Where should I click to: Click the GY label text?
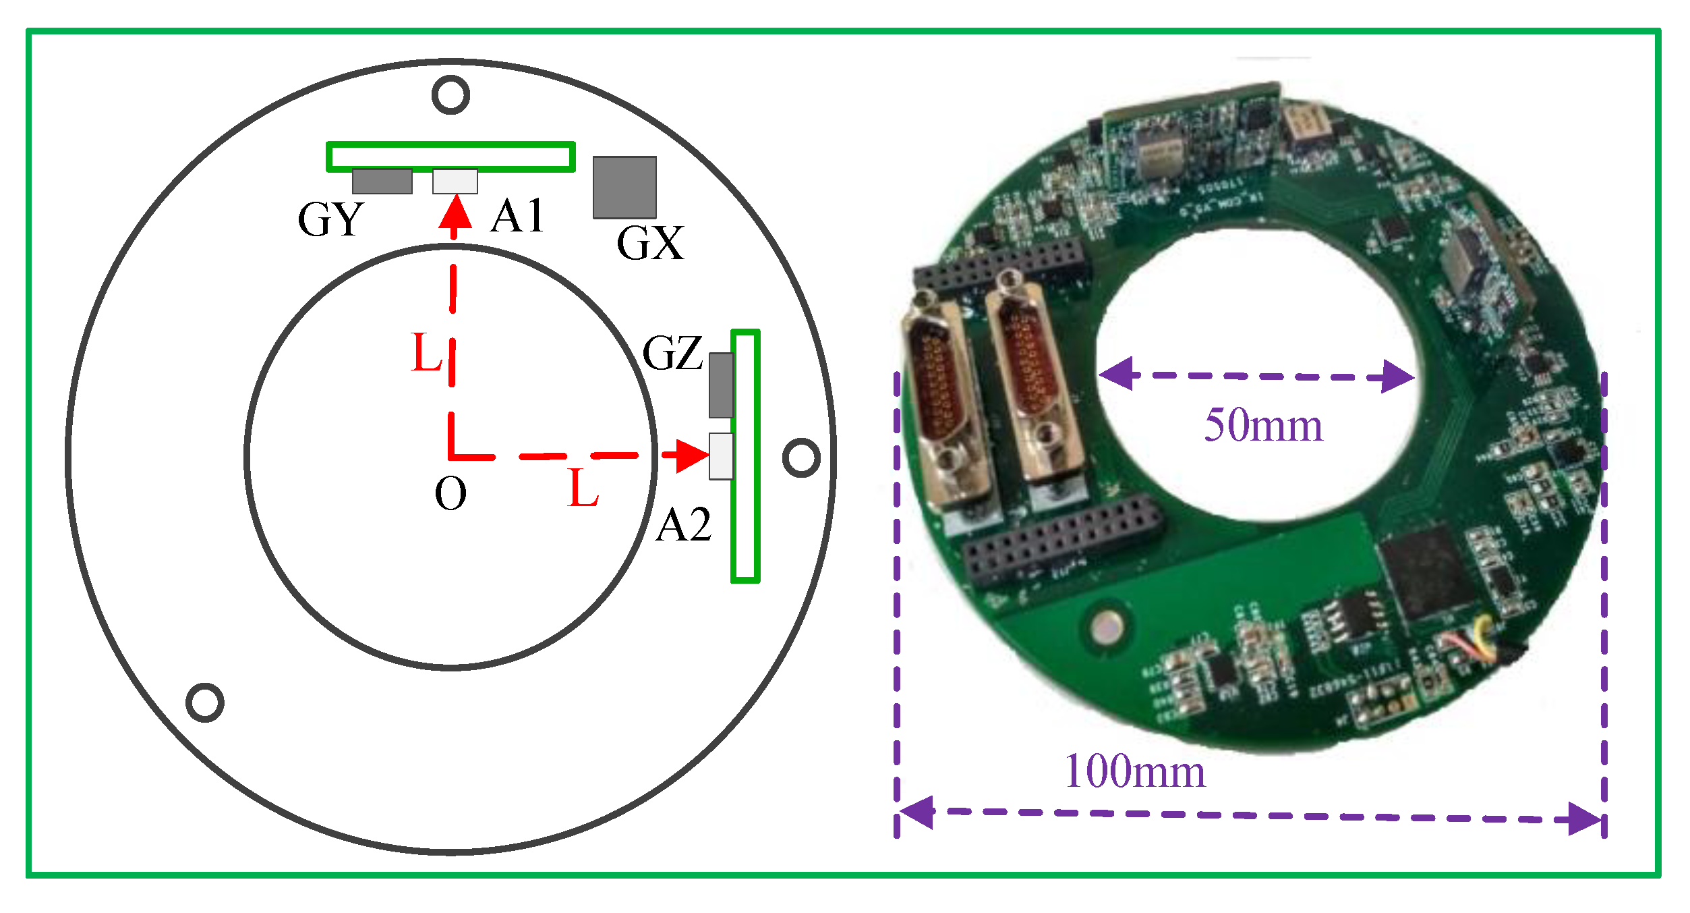330,219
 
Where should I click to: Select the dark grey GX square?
624,188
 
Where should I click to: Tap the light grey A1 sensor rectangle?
455,182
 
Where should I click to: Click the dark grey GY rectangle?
382,182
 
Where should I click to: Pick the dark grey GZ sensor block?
721,385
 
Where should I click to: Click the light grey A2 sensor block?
721,456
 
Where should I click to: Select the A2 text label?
683,525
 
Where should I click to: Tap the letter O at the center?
450,493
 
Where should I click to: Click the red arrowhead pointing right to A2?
691,455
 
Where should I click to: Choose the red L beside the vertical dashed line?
426,352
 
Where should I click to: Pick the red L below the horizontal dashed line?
583,488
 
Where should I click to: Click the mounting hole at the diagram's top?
450,94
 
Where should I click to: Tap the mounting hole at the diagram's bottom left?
205,702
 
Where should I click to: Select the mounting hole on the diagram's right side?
801,458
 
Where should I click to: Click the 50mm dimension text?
1263,426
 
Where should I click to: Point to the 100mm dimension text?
1134,771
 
